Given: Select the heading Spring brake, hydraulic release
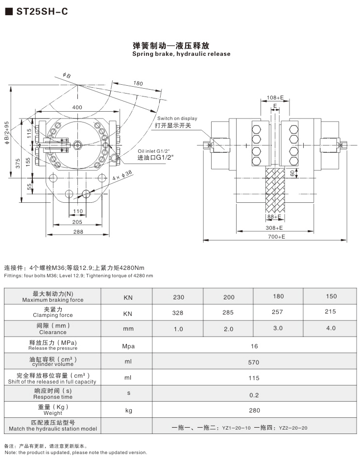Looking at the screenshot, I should (x=181, y=54).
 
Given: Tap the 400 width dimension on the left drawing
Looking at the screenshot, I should (x=77, y=107).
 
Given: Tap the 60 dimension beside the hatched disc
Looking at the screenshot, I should (x=292, y=173).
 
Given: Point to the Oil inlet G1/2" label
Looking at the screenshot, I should (x=155, y=151).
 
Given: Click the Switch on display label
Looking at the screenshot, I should (x=177, y=118).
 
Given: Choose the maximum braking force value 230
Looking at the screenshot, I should (x=178, y=297).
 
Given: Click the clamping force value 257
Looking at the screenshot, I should (x=278, y=312).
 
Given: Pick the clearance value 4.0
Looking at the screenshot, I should (x=331, y=328).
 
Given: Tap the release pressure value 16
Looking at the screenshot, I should (x=254, y=346).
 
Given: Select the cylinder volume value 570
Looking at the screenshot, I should (x=254, y=362).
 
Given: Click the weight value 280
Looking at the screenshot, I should (x=254, y=410).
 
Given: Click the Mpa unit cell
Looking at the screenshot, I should (x=128, y=346).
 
